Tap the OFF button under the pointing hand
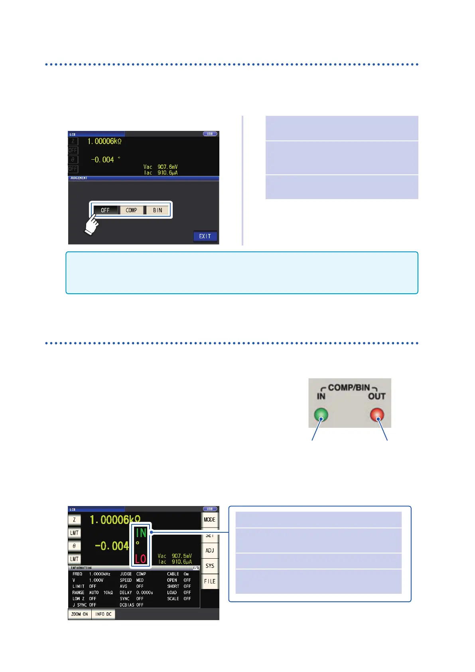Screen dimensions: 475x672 point(105,210)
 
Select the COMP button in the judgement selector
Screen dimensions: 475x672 point(131,210)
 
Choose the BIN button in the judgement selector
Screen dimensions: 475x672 point(158,210)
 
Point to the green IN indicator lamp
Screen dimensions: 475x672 point(321,415)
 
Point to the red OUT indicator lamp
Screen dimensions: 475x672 point(377,415)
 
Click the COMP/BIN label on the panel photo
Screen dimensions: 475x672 point(349,387)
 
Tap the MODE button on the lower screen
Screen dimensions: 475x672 point(209,520)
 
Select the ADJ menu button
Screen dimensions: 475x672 point(209,550)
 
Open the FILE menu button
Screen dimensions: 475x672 point(209,581)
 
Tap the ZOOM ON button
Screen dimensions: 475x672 point(79,614)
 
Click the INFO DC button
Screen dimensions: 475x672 point(103,614)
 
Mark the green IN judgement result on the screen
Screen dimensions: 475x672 point(141,533)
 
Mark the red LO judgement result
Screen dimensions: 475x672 point(140,559)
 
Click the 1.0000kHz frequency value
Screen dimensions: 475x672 point(99,574)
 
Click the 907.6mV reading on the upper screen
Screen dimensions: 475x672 point(168,167)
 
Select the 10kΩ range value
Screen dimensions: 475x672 point(108,593)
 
